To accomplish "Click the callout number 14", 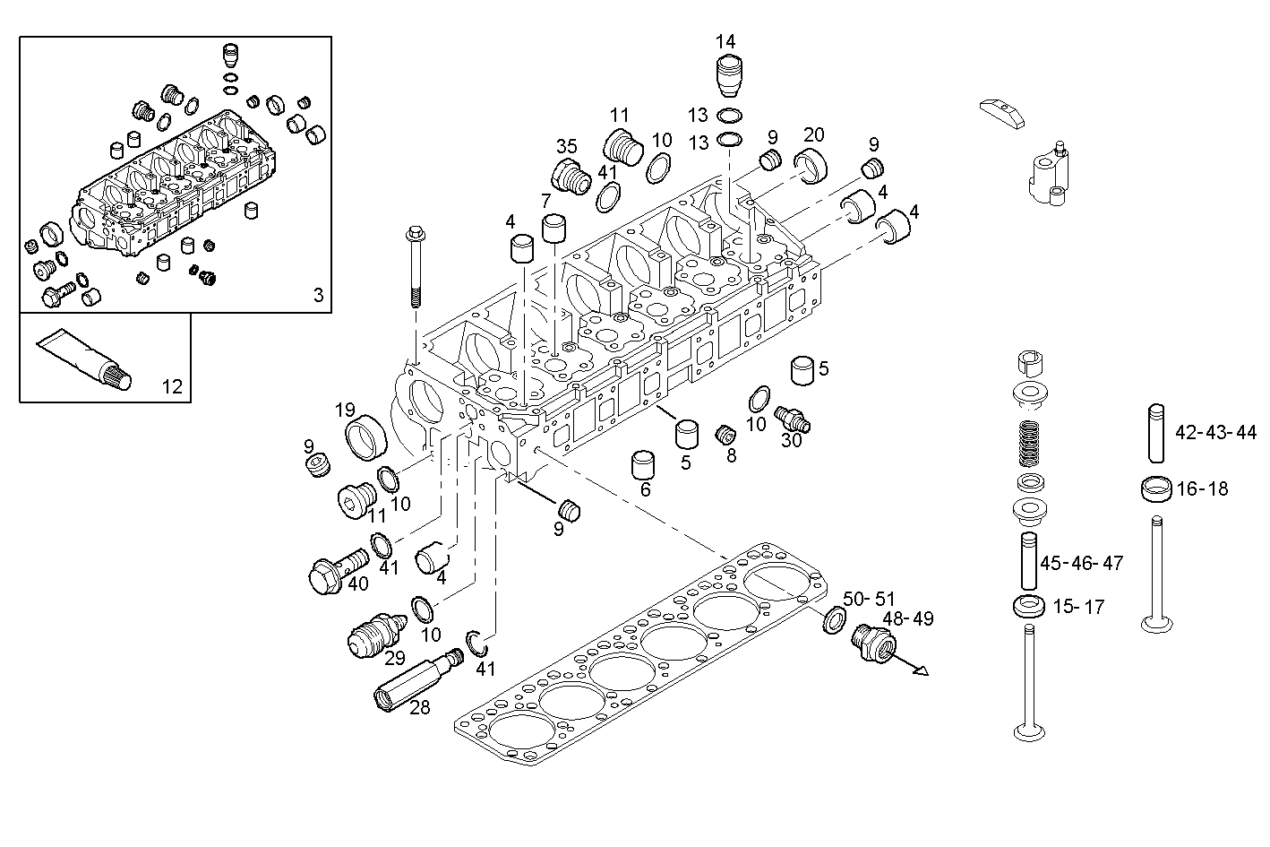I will [x=725, y=41].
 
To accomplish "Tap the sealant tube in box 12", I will [x=84, y=359].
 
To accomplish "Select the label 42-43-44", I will [x=1215, y=433].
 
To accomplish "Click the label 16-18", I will [x=1202, y=489].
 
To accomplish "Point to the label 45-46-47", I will [x=1081, y=564].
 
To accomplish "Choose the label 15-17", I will [x=1077, y=607].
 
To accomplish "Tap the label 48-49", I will [x=909, y=618].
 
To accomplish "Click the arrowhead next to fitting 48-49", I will [x=922, y=670].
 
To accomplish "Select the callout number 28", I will [x=419, y=708].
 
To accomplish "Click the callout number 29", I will [x=394, y=659].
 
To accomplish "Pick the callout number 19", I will [x=346, y=411].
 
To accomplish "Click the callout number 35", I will [x=566, y=146].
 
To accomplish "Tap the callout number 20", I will [x=813, y=135].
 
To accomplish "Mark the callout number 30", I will [x=791, y=440].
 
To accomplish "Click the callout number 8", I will [x=731, y=456].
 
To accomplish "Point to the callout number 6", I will [x=646, y=490].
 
